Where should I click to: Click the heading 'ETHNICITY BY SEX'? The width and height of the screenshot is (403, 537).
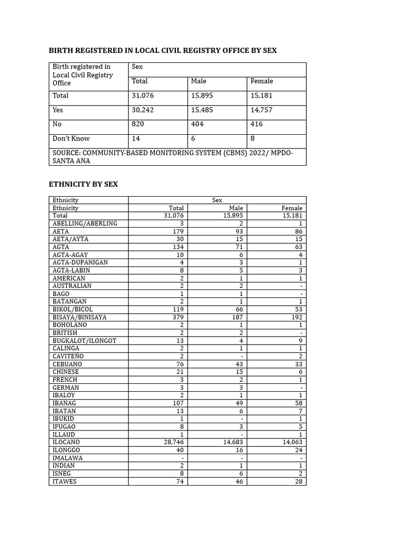point(83,184)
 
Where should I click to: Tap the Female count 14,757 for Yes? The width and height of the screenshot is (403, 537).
point(262,110)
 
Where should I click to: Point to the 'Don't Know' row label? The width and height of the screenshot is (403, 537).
point(71,138)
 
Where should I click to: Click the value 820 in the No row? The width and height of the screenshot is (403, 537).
point(138,124)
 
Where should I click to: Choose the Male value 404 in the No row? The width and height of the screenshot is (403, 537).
point(197,124)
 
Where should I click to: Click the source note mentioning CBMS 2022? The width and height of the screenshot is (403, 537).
point(173,156)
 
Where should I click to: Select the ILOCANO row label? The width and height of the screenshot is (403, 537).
point(67,442)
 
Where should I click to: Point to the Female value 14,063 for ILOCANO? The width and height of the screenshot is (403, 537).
point(292,442)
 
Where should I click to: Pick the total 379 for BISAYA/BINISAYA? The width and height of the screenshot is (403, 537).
point(178,317)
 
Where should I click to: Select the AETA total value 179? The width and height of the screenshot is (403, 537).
point(178,231)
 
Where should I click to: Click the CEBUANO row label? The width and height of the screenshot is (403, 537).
point(67,364)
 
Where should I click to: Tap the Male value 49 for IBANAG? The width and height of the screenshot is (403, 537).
point(239,403)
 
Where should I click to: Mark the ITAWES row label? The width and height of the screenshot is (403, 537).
point(65,481)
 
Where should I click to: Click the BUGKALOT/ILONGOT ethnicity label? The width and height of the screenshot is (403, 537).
point(84,341)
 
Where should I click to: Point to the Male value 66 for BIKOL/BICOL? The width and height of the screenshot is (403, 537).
point(239,309)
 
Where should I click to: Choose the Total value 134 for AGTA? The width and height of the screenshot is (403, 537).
point(178,247)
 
